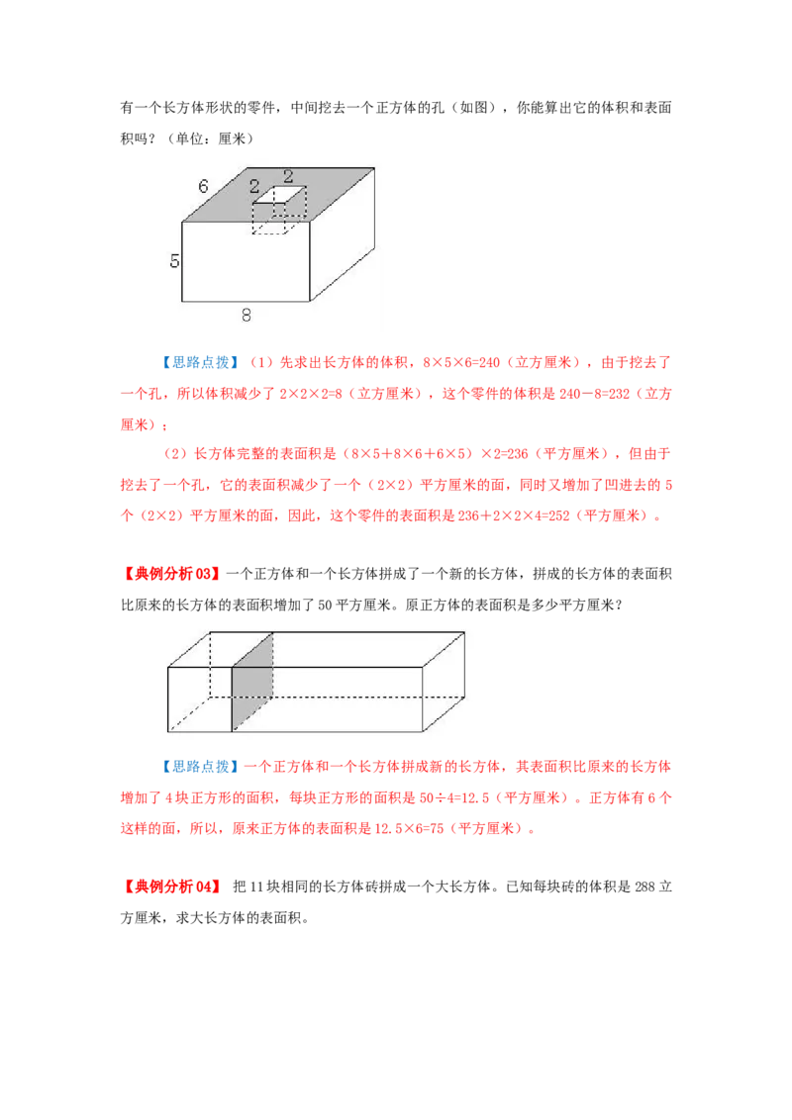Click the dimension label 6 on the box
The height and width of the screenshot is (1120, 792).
(x=203, y=186)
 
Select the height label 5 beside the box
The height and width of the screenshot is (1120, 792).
(x=174, y=261)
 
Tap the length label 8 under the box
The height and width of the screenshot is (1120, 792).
(x=246, y=316)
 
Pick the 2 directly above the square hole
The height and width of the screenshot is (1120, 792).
(x=288, y=176)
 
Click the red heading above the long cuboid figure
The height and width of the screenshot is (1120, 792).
(x=170, y=574)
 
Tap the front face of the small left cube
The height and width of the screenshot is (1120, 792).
(x=200, y=699)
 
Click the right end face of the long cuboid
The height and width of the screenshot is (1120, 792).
(x=444, y=681)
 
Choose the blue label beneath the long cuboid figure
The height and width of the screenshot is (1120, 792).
(x=198, y=766)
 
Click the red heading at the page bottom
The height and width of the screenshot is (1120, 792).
(x=170, y=887)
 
